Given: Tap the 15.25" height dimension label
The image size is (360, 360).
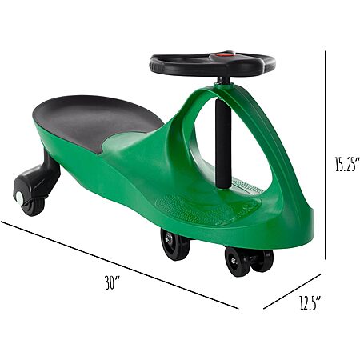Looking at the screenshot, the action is pyautogui.click(x=347, y=164).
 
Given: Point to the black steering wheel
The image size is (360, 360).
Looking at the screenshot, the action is pyautogui.click(x=212, y=64).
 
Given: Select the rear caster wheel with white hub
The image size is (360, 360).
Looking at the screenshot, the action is pyautogui.click(x=30, y=202).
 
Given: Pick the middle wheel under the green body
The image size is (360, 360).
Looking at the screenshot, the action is pyautogui.click(x=175, y=244).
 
